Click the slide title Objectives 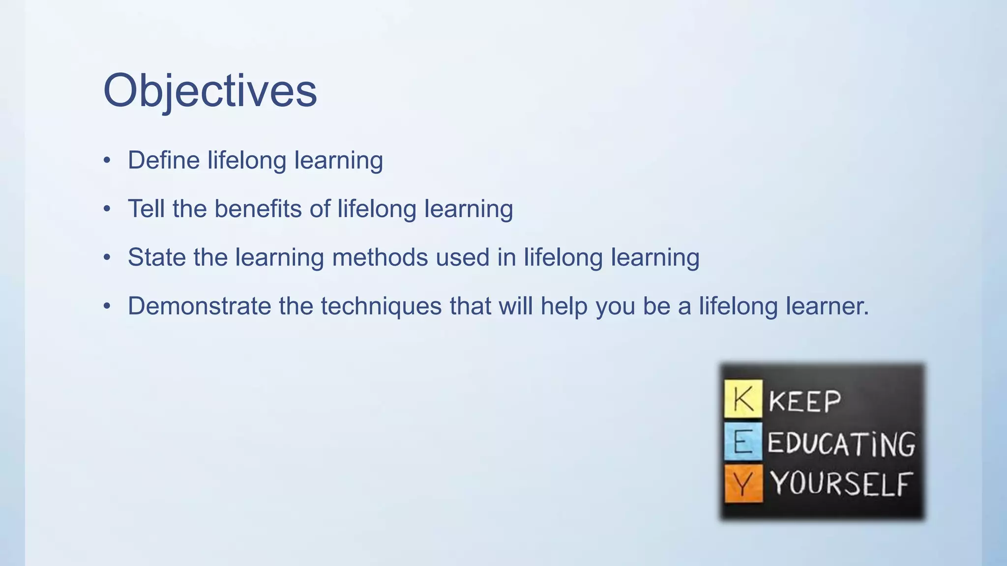pos(210,91)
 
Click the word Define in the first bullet pos(164,160)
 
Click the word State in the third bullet pos(157,257)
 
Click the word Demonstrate pos(199,306)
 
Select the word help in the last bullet pos(564,306)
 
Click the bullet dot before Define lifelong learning pos(107,161)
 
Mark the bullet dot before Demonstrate pos(107,307)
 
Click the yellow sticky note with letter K pos(743,398)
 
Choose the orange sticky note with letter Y pos(743,483)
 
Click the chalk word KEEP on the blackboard pos(805,401)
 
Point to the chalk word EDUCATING pos(841,443)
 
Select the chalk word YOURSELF pos(841,484)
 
